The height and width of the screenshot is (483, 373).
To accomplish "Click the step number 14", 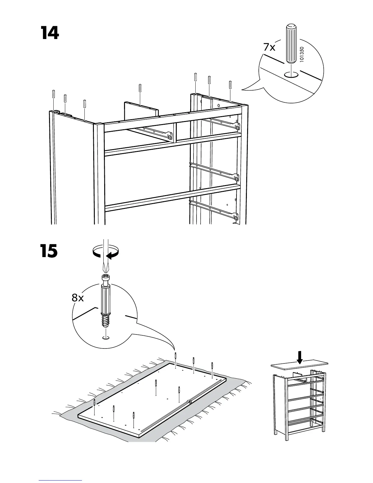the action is pyautogui.click(x=50, y=33).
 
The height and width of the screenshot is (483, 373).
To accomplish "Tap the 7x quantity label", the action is pyautogui.click(x=269, y=48).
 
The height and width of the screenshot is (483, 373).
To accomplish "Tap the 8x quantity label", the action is pyautogui.click(x=78, y=298).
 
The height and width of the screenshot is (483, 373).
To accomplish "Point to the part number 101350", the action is pyautogui.click(x=302, y=55).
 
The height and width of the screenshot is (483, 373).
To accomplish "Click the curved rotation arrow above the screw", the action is pyautogui.click(x=105, y=253).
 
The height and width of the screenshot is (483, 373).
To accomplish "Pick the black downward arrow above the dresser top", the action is pyautogui.click(x=300, y=357).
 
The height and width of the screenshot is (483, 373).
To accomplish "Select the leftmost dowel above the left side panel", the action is pyautogui.click(x=54, y=94).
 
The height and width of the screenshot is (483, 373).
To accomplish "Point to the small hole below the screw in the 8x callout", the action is pyautogui.click(x=106, y=337).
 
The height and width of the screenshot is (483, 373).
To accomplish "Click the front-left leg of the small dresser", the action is pyautogui.click(x=286, y=427).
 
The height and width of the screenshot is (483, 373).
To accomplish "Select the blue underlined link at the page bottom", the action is pyautogui.click(x=60, y=481).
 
